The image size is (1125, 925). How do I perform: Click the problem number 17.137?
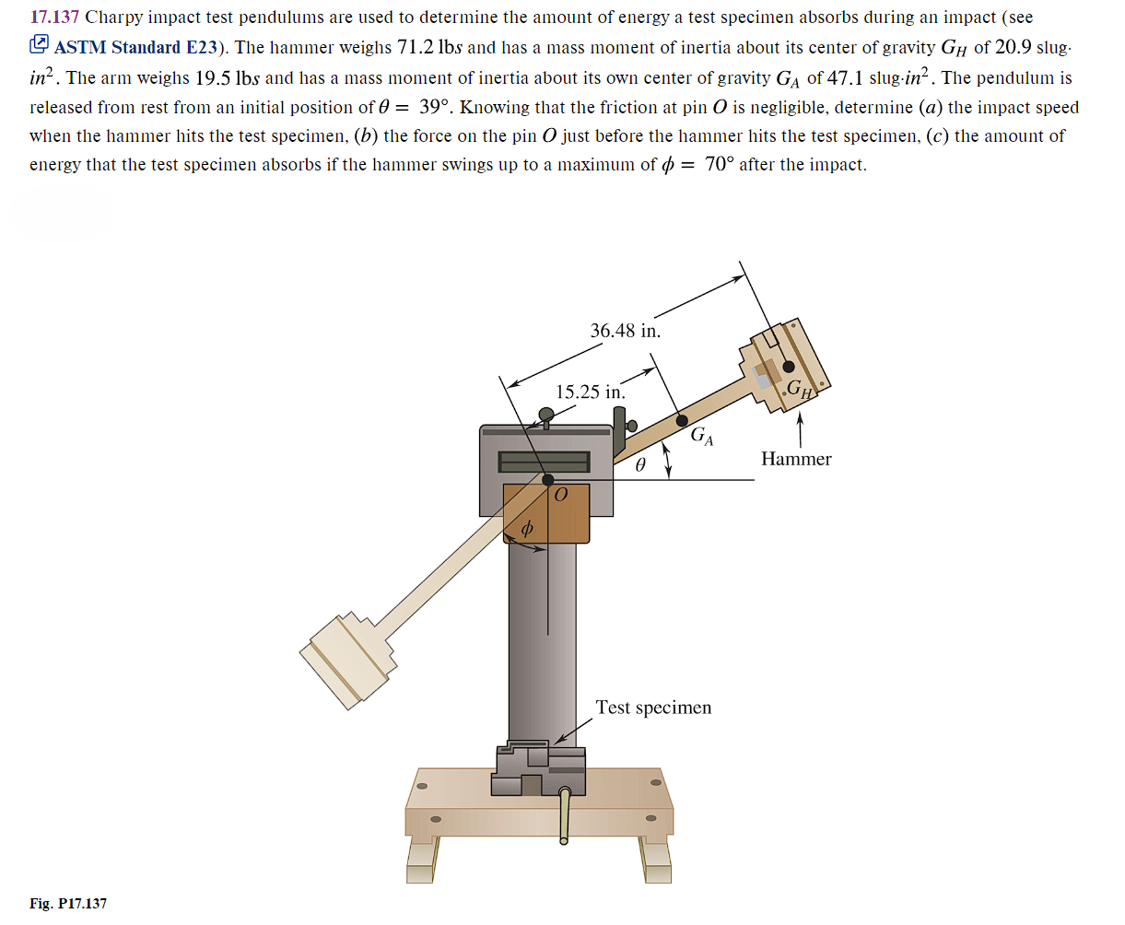point(54,18)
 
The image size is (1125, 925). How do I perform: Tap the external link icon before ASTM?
point(40,45)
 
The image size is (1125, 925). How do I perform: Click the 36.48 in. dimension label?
point(625,331)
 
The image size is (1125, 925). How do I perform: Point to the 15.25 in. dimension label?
point(590,392)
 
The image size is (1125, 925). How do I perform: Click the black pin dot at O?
point(548,480)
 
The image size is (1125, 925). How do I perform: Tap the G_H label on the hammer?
point(800,389)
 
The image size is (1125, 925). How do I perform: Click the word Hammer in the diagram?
point(796,459)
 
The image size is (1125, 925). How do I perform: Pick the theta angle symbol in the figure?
point(640,466)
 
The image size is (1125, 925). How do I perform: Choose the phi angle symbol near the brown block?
point(527,530)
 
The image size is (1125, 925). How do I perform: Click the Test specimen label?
point(653,708)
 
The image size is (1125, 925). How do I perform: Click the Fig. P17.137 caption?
point(68,904)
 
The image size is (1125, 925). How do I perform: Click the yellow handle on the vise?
point(565,815)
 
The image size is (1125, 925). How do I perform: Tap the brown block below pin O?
point(546,514)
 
